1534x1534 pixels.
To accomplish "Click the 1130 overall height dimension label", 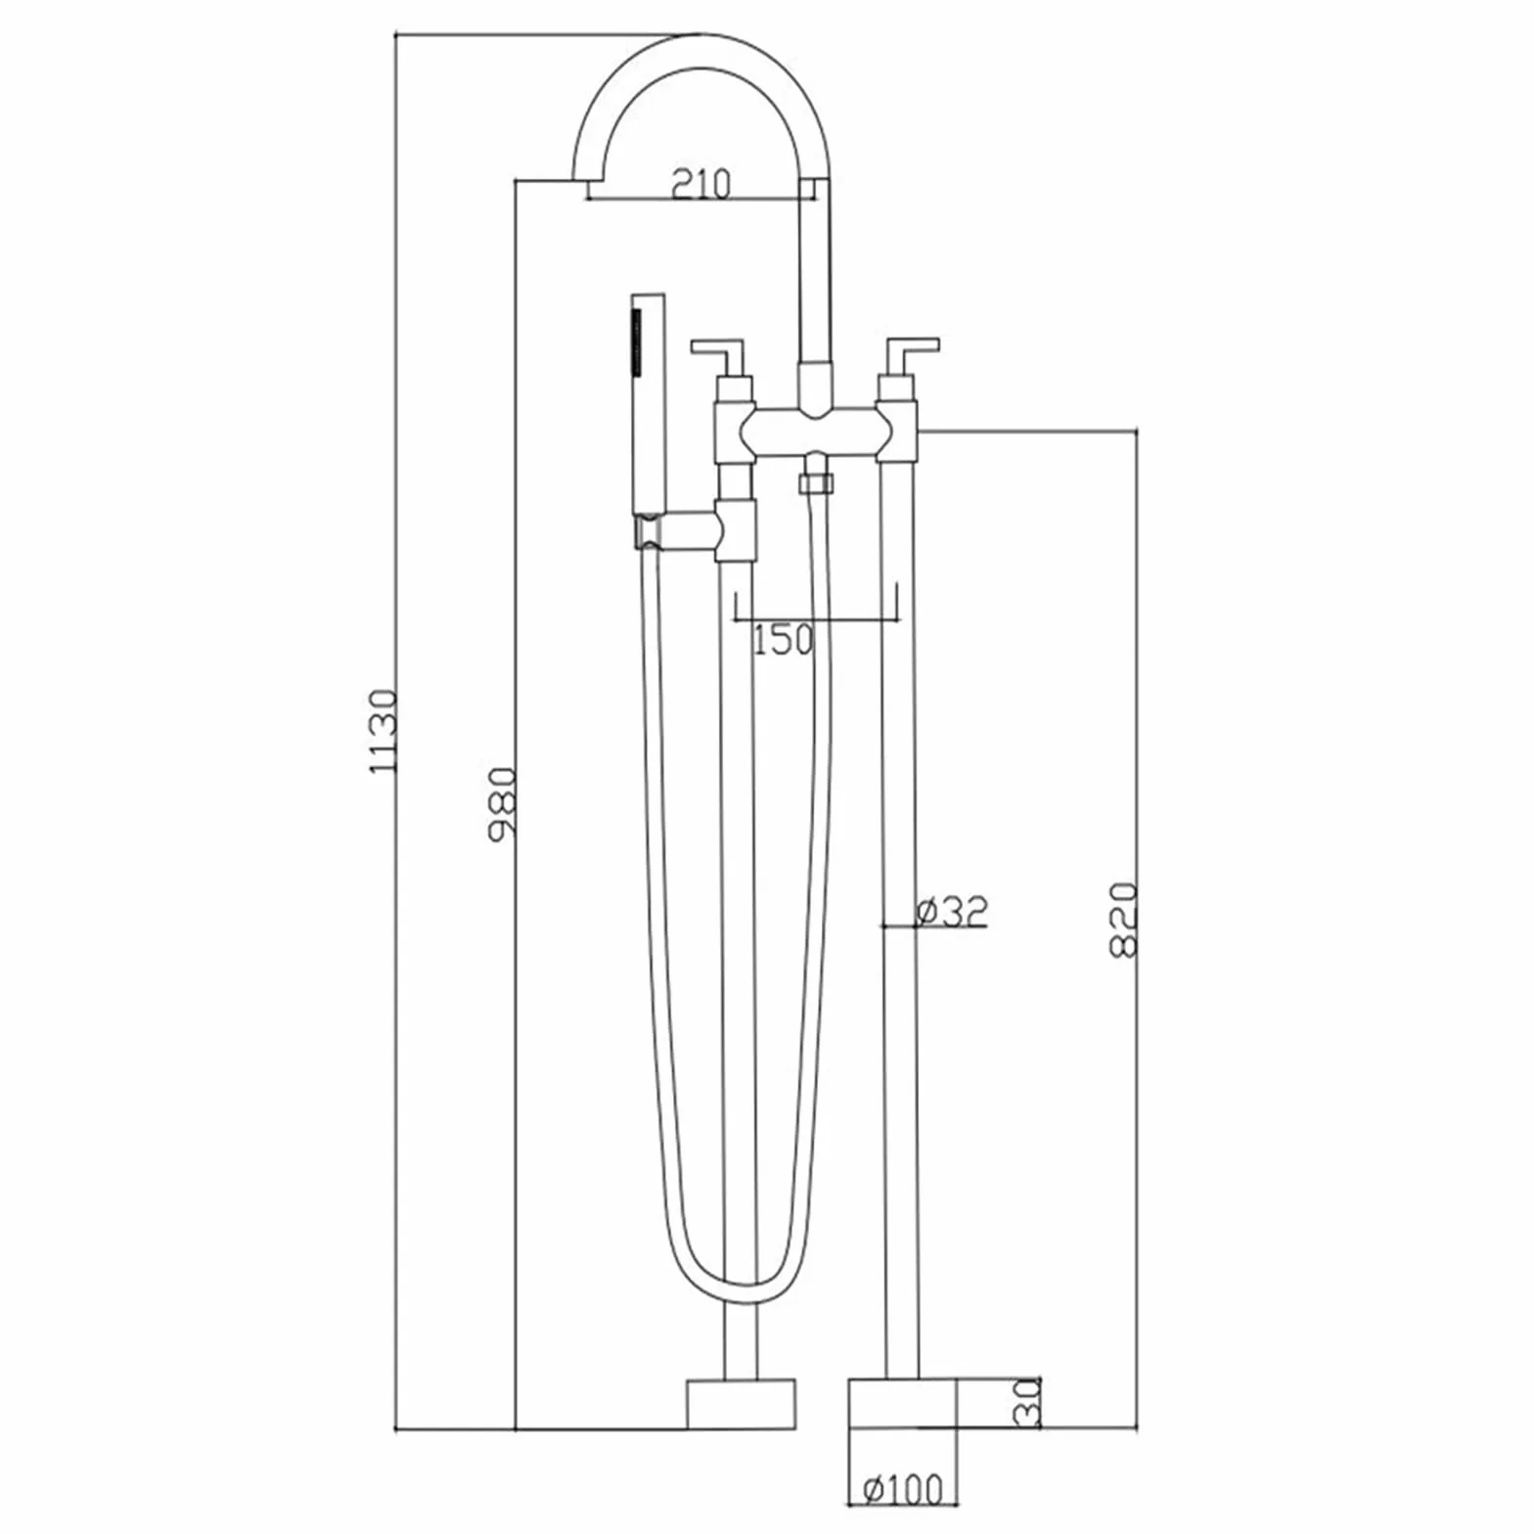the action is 383,731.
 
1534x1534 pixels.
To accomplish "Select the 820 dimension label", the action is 1125,920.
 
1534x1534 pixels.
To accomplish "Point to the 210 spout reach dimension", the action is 701,183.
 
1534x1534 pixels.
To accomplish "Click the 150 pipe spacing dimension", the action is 784,639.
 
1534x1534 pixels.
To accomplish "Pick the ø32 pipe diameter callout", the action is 952,911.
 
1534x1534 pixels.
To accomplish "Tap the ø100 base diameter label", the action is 903,1489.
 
